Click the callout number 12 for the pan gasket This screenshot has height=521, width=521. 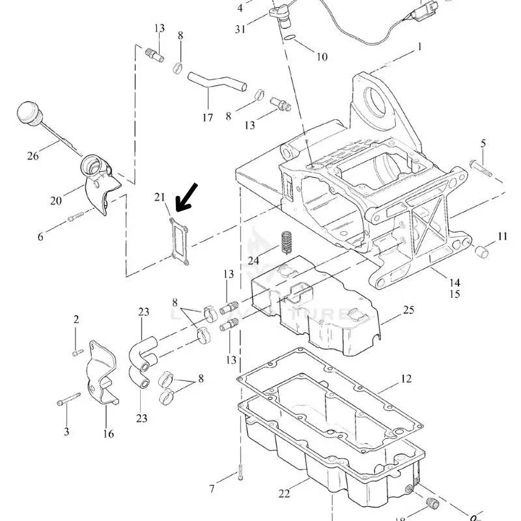coord(406,378)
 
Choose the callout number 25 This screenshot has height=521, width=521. coord(408,309)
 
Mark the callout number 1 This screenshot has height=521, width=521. coord(420,46)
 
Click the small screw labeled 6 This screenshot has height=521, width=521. coord(74,217)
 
